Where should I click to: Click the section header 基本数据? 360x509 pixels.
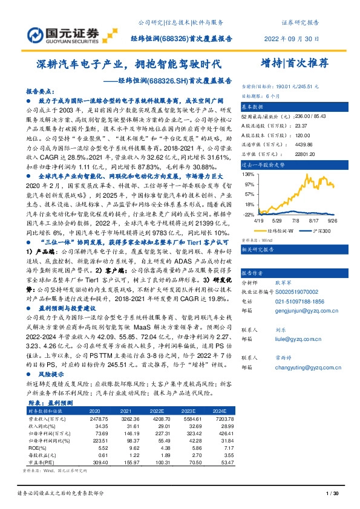[254, 105]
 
